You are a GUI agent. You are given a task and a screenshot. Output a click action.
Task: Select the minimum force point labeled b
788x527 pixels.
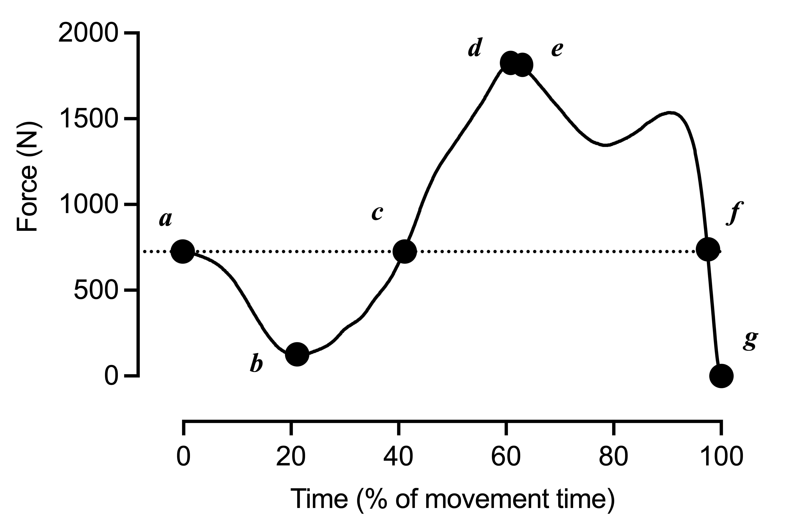pyautogui.click(x=297, y=354)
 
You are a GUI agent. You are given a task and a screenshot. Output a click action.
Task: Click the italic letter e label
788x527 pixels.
pyautogui.click(x=557, y=50)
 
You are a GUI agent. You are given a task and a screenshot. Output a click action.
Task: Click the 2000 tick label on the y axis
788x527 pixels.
pyautogui.click(x=89, y=34)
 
